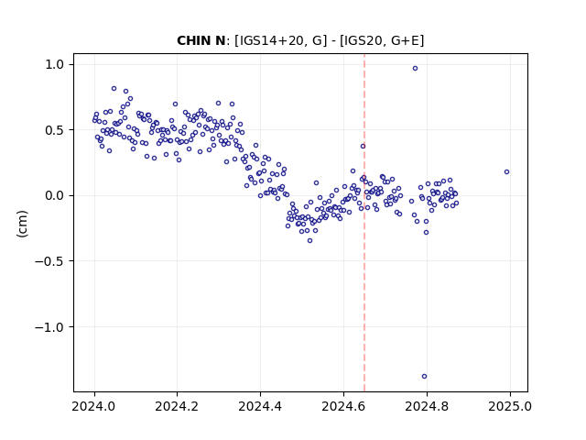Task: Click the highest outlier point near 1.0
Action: click(415, 68)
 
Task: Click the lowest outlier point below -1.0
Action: click(424, 376)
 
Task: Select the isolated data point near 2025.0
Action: click(506, 171)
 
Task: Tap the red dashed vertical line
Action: click(364, 223)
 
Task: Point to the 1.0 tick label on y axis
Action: click(55, 64)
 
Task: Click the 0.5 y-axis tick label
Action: click(55, 130)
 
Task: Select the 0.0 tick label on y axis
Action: click(55, 195)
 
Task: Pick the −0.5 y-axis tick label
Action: click(50, 261)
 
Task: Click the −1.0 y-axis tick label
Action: click(50, 326)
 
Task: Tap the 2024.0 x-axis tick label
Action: click(94, 406)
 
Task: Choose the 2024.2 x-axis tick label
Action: click(178, 406)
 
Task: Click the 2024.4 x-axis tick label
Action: click(260, 406)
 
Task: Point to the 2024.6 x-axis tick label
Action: click(343, 406)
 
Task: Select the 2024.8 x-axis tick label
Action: click(427, 406)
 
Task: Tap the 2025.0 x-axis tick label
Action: click(510, 406)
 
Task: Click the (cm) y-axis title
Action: click(22, 224)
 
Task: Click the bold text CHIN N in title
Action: click(201, 40)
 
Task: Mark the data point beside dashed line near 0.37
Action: click(363, 146)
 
